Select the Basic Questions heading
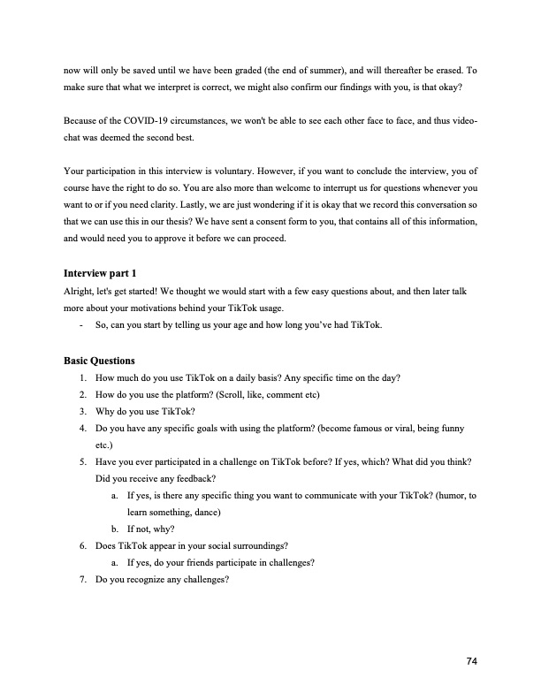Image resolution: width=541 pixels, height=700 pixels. pyautogui.click(x=100, y=361)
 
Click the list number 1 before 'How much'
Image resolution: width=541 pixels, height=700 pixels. pyautogui.click(x=82, y=378)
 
